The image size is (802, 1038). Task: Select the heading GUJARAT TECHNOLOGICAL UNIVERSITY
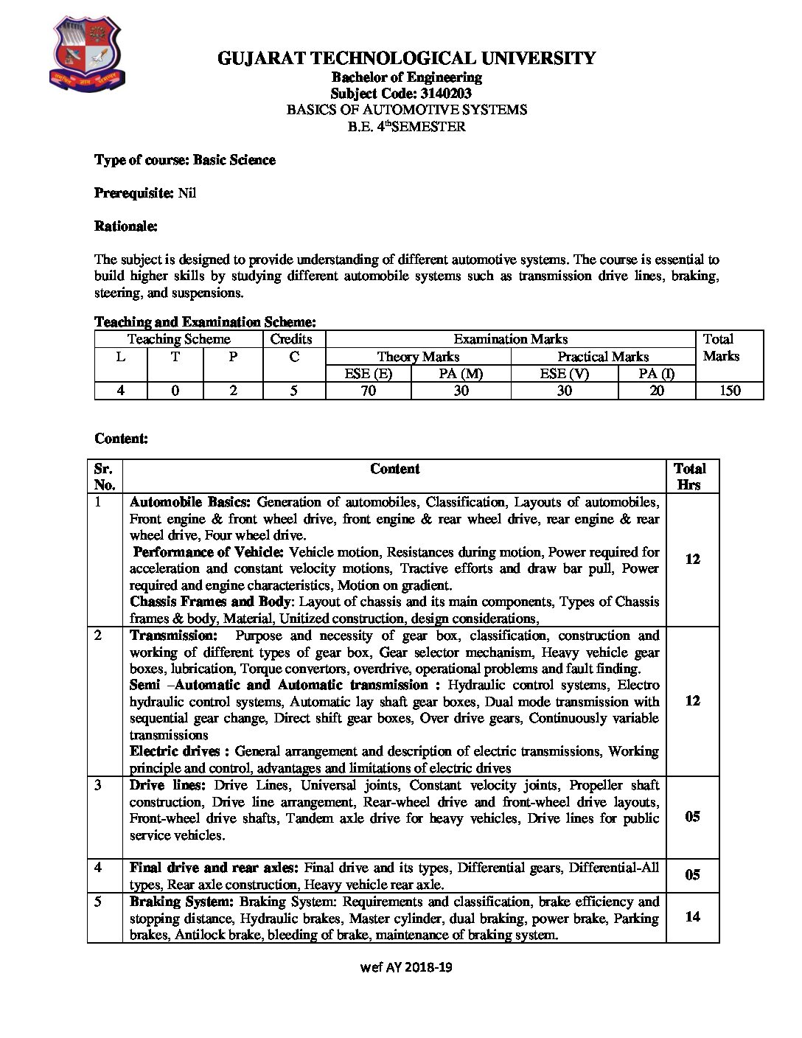406,58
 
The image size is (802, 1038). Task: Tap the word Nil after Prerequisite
187,193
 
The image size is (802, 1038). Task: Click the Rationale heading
126,226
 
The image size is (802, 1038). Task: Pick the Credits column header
291,339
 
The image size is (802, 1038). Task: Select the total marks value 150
729,391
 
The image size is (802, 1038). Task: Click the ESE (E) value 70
368,391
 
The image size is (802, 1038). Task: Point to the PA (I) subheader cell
656,374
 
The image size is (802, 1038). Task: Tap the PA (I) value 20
656,391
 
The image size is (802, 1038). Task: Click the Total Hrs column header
690,476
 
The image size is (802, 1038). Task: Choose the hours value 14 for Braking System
692,917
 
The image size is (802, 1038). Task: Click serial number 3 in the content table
99,785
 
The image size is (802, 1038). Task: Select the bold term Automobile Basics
190,502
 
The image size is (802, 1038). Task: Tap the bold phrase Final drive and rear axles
214,868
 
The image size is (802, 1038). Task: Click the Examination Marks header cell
510,339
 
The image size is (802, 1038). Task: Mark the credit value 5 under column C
293,391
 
